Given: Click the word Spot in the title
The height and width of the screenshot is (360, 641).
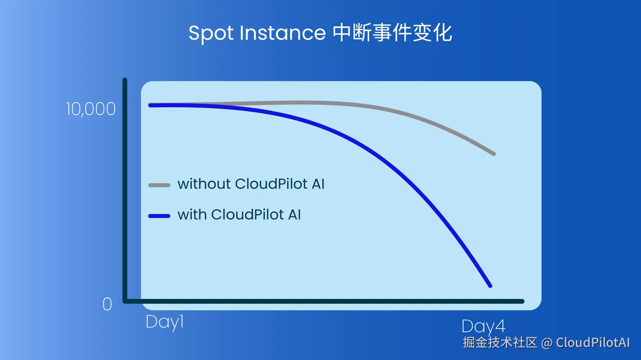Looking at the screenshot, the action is (211, 34).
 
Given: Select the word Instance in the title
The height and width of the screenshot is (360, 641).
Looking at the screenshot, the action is (283, 33).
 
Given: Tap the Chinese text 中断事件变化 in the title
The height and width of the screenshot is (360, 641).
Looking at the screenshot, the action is (392, 33).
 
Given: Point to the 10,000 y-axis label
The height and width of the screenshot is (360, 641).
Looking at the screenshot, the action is (91, 109).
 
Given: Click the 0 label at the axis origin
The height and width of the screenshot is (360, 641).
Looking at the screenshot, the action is (107, 304).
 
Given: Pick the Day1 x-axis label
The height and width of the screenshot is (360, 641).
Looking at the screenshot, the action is (165, 322).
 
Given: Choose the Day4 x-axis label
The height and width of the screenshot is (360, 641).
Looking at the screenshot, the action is (483, 327).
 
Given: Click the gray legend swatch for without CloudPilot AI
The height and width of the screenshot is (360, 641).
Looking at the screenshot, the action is (159, 185).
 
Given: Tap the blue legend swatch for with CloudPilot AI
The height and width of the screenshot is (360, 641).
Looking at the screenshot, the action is (159, 216).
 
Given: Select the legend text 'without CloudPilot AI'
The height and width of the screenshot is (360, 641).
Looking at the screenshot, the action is (251, 184).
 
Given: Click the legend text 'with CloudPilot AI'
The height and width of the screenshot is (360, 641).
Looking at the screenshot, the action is (239, 215).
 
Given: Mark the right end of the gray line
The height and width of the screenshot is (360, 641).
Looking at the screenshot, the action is (494, 154).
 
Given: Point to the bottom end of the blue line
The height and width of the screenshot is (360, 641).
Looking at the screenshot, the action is (490, 286).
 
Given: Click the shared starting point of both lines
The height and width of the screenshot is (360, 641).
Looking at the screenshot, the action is (150, 105).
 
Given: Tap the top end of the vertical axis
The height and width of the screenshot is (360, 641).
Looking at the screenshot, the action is (125, 79).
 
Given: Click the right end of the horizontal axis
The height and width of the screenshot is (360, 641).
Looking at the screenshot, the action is (522, 301).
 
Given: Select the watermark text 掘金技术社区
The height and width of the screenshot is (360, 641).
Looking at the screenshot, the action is (500, 342).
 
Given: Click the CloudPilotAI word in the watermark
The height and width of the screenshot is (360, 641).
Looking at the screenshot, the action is (593, 342).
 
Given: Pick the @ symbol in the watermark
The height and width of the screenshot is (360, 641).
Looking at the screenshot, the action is (546, 343).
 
